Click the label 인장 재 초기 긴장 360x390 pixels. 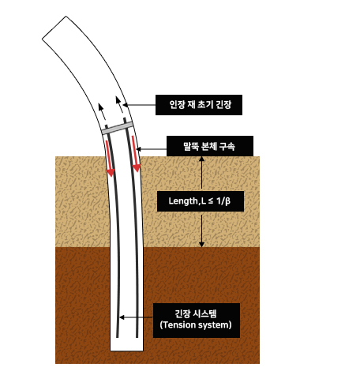coord(199,105)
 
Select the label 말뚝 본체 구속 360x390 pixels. coord(210,146)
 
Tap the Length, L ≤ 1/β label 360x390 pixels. coord(201,201)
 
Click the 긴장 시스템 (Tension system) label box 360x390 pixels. coord(197,321)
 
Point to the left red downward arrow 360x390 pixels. coord(109,158)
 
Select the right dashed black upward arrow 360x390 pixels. coord(121,110)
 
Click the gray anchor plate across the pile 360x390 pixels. coord(117,128)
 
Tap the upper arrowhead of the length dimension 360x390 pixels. coord(201,159)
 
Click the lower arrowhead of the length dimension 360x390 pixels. coord(201,245)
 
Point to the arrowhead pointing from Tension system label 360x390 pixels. coord(122,317)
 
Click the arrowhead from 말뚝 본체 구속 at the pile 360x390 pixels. coord(139,149)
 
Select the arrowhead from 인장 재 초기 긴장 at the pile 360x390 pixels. coord(126,105)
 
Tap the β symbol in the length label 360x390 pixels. coord(227,201)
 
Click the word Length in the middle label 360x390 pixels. coord(182,201)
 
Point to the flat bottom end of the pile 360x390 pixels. coord(126,351)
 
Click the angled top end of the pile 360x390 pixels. coord(54,28)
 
